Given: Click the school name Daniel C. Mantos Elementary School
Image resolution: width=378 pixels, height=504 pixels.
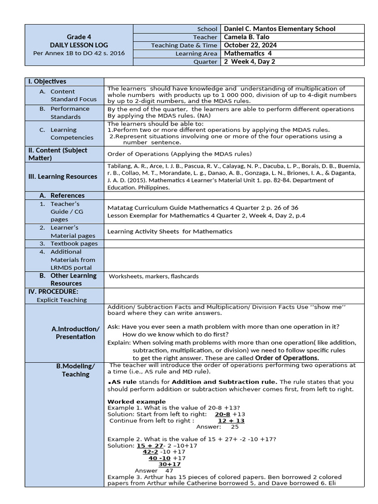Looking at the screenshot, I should (280, 29).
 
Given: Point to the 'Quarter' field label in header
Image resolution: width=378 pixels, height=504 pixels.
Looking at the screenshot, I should (206, 62).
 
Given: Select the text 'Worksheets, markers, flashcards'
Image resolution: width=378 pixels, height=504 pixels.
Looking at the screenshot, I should (154, 276).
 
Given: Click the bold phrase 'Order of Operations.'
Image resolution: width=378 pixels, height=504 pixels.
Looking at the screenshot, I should (287, 358).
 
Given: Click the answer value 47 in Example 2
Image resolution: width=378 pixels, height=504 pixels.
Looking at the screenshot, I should (169, 471).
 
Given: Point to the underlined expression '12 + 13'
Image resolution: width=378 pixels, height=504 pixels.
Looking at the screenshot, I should (231, 420).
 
